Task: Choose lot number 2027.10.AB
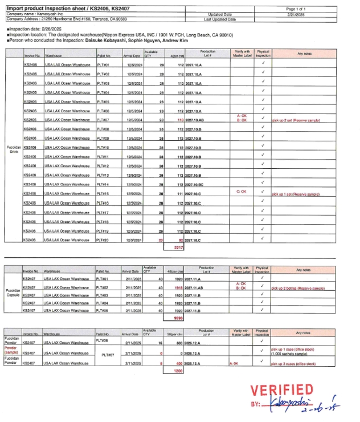click(x=195, y=120)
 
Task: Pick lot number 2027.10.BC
click(x=195, y=185)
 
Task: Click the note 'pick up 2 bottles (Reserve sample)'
click(x=297, y=288)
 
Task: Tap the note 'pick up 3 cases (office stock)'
click(x=293, y=363)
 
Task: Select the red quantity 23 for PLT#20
click(x=161, y=240)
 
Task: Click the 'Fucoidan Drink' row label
click(x=14, y=150)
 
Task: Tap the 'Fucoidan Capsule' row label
click(x=13, y=293)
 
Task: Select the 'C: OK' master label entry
click(x=241, y=192)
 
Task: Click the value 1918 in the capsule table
click(x=177, y=288)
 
